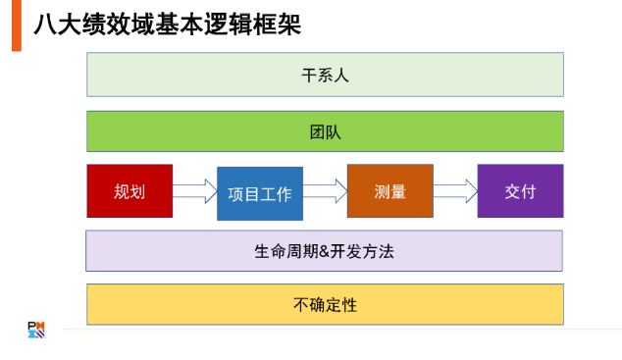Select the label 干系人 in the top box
325,75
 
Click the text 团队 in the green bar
325,131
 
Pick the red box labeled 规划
130,191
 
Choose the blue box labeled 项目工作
260,194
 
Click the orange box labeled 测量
389,191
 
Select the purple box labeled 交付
520,191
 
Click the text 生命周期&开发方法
325,251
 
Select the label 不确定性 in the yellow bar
325,304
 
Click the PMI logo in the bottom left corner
35,330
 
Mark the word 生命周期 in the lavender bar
285,251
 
